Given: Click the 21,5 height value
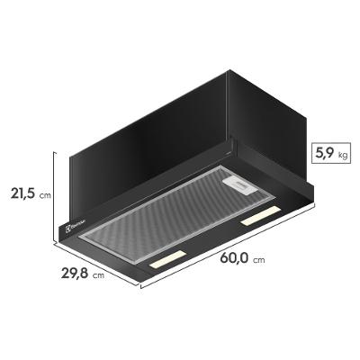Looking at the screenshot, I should pyautogui.click(x=20, y=193).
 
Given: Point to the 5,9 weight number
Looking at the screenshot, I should pyautogui.click(x=323, y=153).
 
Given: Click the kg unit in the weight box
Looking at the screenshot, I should pyautogui.click(x=343, y=156).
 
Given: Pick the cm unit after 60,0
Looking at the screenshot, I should pyautogui.click(x=260, y=260).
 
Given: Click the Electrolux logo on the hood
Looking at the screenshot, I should pyautogui.click(x=76, y=221).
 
